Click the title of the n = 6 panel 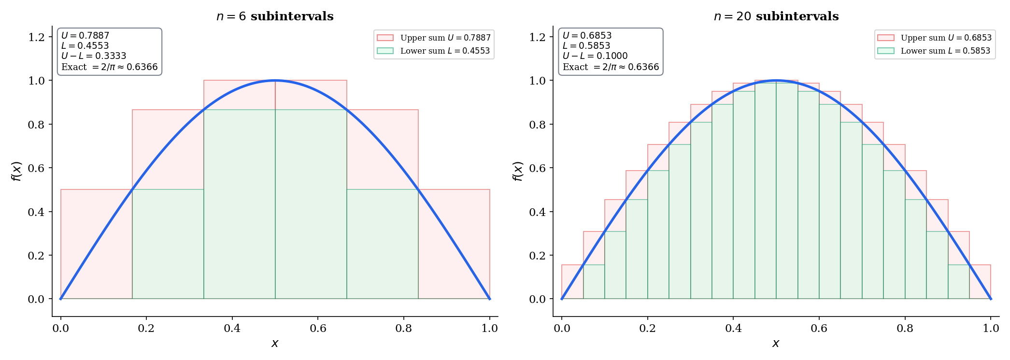pos(275,16)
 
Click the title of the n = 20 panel pos(776,16)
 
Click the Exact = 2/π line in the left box pos(109,67)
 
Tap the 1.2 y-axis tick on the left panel pos(36,37)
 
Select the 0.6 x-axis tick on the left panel pos(318,329)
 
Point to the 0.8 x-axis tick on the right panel pos(905,329)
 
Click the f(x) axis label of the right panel pos(517,171)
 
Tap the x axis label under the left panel pos(275,344)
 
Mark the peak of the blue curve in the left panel pos(275,80)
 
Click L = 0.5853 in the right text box pos(586,46)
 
